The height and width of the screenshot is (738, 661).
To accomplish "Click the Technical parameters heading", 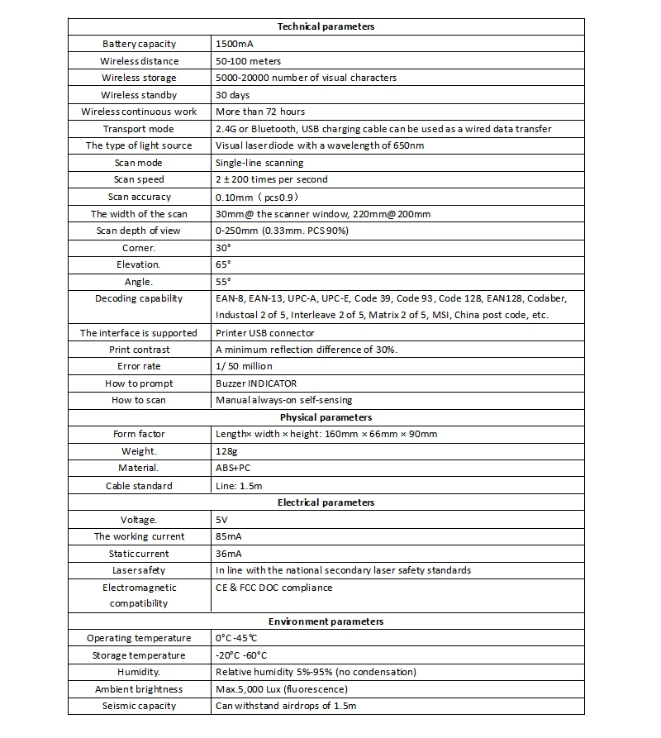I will (x=326, y=26).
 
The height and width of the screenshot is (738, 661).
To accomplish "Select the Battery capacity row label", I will (x=139, y=44).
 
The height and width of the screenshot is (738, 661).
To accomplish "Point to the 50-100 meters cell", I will (x=248, y=61).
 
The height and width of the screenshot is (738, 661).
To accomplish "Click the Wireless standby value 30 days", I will (x=233, y=95).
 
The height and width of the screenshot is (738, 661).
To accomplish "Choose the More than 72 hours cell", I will (x=259, y=112).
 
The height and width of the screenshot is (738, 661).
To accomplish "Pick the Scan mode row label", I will (x=139, y=163).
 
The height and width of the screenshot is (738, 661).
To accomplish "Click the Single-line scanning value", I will (x=259, y=163).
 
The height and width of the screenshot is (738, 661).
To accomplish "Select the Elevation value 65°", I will (x=223, y=264).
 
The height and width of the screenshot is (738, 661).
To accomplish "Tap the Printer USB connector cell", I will (x=264, y=333).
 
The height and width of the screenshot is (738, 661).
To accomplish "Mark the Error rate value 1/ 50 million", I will (x=244, y=366).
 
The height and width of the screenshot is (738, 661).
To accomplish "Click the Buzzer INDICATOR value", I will (x=255, y=383).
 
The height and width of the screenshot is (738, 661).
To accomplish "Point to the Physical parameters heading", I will (x=326, y=417).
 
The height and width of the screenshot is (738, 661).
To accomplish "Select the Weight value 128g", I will (x=226, y=451).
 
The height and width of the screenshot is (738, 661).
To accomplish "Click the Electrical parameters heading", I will (x=326, y=502).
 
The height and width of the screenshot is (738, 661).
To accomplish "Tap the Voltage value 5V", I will (x=222, y=520).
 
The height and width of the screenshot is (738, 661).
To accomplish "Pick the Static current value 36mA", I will (x=231, y=554).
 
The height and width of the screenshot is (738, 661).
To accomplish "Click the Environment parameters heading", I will (x=326, y=621).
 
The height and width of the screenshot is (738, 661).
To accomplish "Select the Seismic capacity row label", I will (x=139, y=706).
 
